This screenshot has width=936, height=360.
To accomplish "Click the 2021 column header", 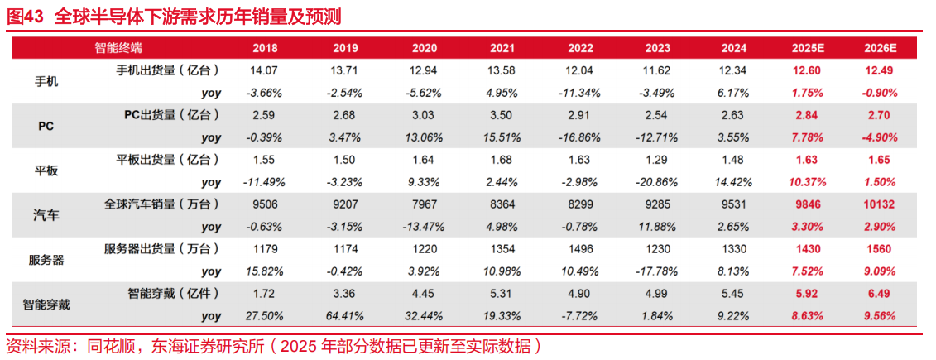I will (502, 48).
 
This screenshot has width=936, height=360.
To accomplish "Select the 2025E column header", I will (804, 48).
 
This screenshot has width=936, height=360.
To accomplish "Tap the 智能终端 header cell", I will (118, 48).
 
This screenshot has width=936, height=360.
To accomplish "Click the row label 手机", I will (46, 82).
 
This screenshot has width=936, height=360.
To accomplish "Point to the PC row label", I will (46, 127).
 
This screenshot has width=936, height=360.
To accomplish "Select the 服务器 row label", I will (46, 260).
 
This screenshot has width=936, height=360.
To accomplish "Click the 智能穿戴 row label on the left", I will (46, 305).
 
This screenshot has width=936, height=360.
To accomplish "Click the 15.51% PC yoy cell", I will (502, 137).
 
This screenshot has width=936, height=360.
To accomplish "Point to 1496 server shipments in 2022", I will (580, 249).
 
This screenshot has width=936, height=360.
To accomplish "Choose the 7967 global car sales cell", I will (424, 204).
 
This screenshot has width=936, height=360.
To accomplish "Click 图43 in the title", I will (25, 17).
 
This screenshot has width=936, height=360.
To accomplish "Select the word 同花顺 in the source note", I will (108, 345).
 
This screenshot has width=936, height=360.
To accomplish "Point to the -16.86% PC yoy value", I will (580, 137).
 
